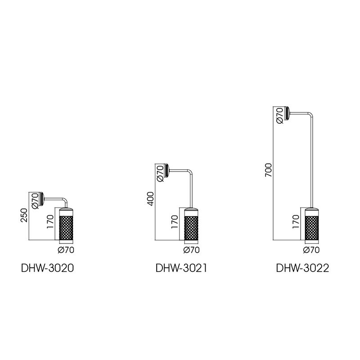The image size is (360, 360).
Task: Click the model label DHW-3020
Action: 48,268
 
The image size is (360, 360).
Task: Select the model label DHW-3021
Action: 181,268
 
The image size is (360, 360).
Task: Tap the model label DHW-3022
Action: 302,268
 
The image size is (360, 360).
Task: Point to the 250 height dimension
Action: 24,215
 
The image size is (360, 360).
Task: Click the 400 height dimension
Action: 150,198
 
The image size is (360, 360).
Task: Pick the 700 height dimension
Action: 268,170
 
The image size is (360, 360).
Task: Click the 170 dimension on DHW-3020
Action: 50,221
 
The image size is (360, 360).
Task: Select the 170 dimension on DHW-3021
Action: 175,221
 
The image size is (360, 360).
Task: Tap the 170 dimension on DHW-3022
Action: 296,221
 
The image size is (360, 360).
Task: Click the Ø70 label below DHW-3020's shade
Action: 66,250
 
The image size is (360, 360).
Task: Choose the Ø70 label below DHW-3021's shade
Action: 192,250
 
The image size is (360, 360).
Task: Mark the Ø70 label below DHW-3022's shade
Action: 311,250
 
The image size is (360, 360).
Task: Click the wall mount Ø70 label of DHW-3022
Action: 280,116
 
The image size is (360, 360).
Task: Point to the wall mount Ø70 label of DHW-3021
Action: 160,173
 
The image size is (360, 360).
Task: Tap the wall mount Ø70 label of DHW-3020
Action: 35,201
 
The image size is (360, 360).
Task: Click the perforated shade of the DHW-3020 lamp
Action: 66,226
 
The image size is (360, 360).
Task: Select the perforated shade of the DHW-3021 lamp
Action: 192,226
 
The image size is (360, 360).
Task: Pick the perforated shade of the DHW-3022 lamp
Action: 311,226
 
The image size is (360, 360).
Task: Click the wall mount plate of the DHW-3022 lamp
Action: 288,113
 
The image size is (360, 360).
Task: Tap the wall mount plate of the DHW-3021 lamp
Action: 167,171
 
